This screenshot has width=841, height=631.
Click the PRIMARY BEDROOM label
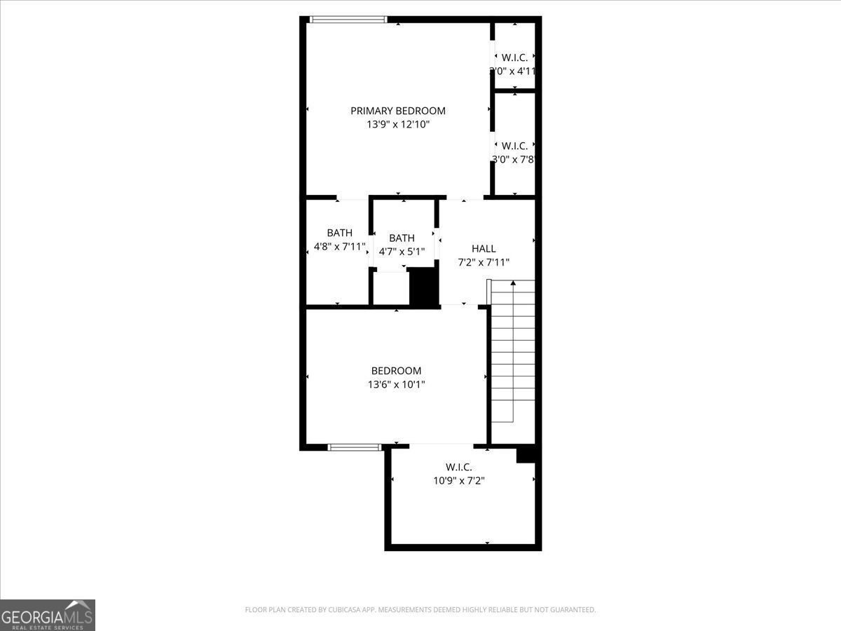click(397, 111)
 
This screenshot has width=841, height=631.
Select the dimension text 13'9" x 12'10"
click(397, 125)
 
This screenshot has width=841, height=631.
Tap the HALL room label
click(484, 248)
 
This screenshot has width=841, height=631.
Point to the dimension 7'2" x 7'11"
click(484, 262)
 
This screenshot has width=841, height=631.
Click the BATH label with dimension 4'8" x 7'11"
click(339, 233)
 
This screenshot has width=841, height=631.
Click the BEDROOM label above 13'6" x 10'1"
click(396, 371)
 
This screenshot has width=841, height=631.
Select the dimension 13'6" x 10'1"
click(396, 384)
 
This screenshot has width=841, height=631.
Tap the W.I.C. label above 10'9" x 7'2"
click(459, 467)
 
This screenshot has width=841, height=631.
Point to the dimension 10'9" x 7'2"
click(459, 481)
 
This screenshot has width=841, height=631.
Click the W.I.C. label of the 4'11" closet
click(514, 57)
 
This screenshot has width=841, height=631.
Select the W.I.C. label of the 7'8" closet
click(514, 146)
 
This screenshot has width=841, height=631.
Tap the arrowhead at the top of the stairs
click(512, 283)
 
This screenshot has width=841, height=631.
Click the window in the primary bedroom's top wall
click(348, 20)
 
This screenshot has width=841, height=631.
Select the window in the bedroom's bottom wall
click(355, 447)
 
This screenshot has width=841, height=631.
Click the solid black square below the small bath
click(423, 287)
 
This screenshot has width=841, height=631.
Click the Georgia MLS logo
click(48, 615)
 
